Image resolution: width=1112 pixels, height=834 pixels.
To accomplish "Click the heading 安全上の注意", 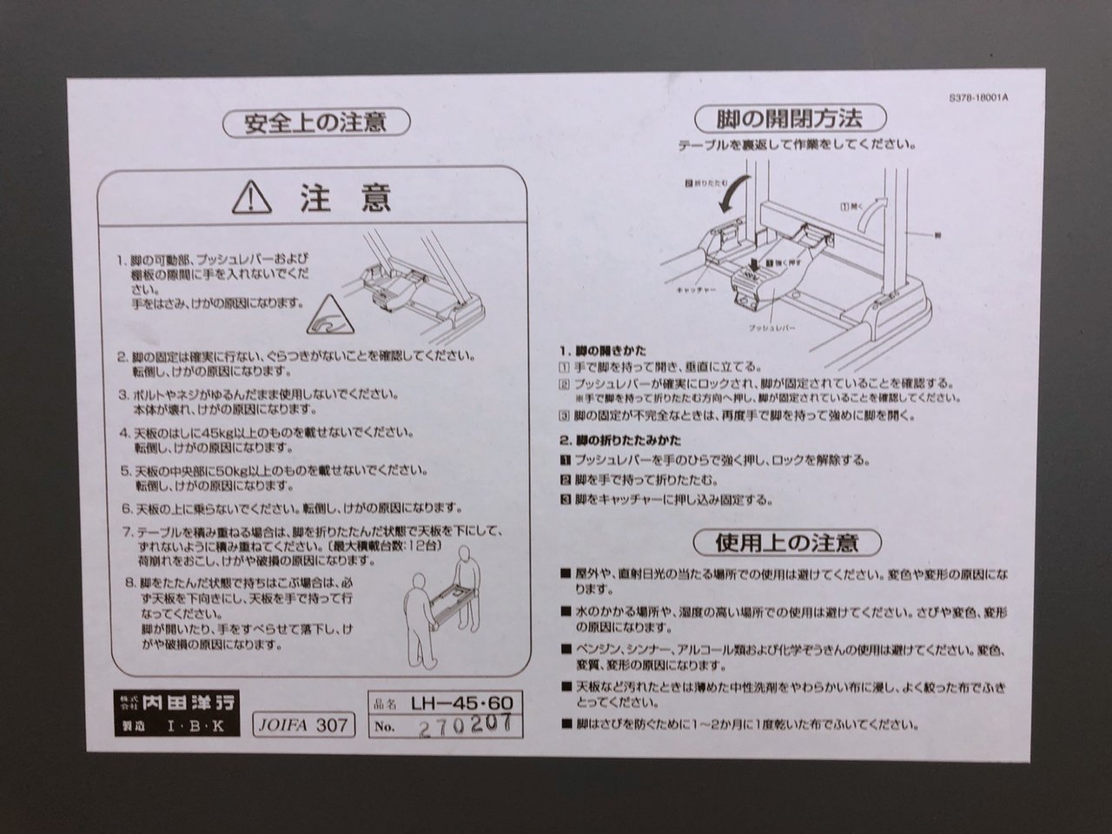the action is coord(316,123).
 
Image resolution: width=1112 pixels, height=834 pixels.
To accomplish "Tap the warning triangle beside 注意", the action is coord(252,198).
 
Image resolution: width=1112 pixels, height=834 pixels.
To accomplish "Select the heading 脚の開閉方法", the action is coord(790,119).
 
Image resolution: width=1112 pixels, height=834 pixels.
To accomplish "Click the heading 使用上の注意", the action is coord(787,543).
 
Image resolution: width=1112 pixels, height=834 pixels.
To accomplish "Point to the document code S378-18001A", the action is coord(979,97).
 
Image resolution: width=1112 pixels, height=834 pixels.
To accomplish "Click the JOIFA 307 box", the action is coord(303,725).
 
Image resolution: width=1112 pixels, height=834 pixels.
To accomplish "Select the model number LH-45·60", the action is coord(461,703).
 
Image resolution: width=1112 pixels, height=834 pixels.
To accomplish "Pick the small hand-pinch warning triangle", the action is coord(330,316).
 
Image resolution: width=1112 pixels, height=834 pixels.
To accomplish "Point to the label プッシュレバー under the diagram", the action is coord(772,328).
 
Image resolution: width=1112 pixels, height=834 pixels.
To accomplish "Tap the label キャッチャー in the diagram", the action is coord(696,290).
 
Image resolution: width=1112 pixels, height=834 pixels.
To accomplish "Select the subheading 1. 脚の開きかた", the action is coord(603,350).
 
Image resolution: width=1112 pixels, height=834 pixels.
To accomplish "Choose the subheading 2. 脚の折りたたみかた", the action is coord(620,440).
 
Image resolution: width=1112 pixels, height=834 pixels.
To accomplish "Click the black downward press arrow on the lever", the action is coord(755,264).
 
